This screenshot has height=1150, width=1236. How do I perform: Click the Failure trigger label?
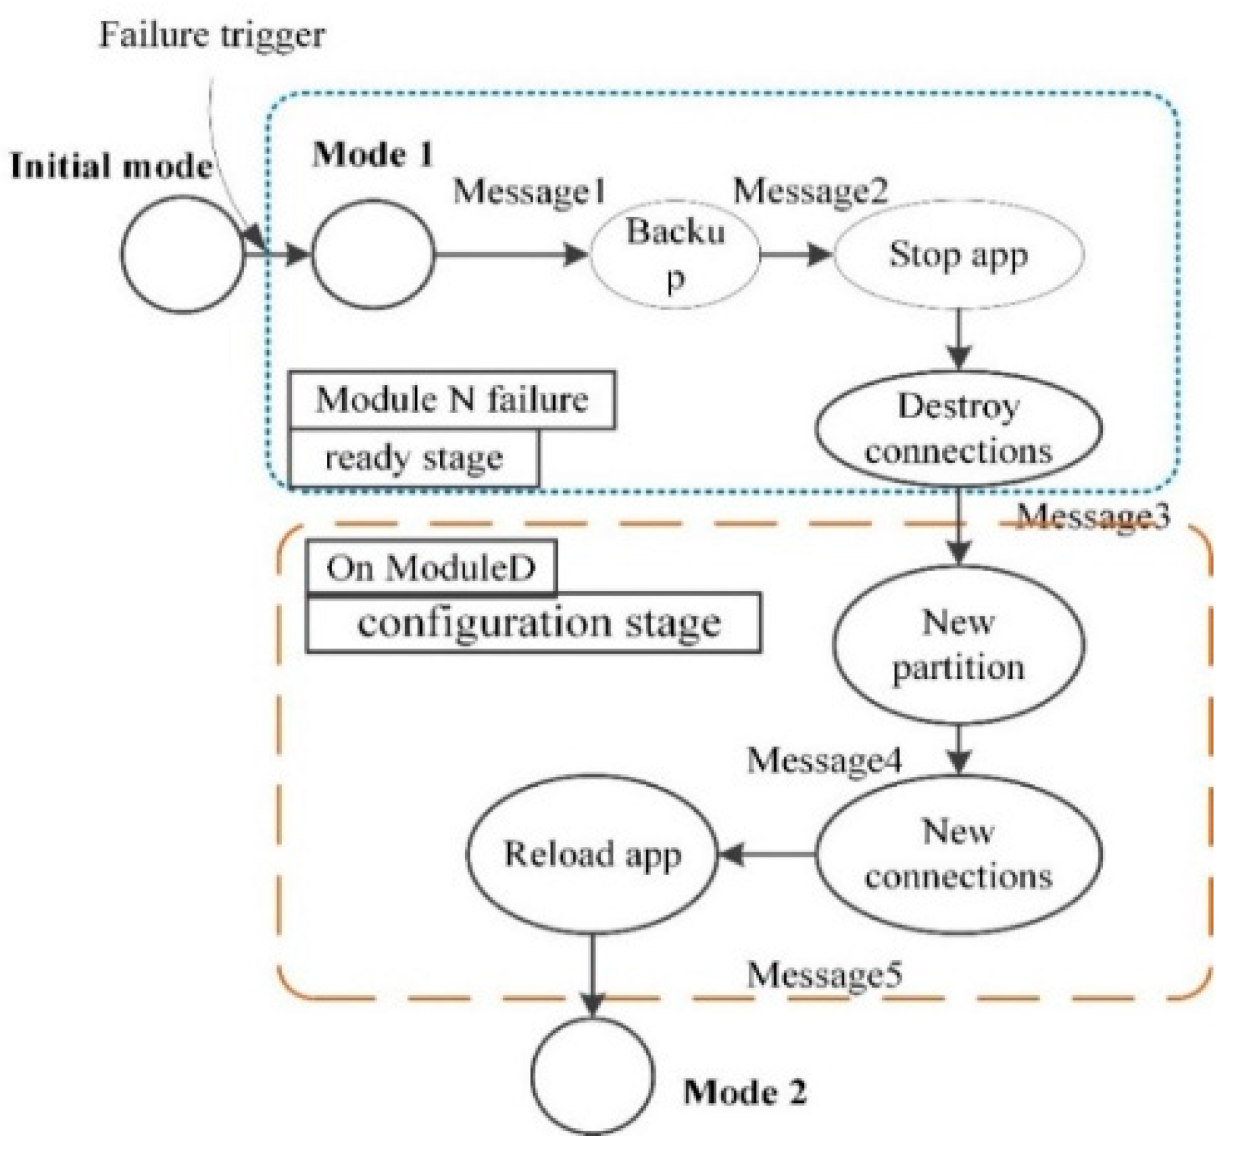212,34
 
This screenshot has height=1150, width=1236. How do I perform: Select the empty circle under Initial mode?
183,254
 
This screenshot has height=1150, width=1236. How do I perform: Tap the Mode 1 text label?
373,155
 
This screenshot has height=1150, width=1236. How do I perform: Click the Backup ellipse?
675,254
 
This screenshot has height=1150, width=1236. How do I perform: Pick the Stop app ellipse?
958,254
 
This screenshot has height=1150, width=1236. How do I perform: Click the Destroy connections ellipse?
958,428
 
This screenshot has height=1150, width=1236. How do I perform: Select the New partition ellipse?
958,644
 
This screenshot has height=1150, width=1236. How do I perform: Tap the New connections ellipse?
958,854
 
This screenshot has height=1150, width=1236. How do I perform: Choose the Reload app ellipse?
592,854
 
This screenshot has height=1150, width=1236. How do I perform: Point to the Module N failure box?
452,400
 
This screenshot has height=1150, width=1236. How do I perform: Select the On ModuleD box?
431,567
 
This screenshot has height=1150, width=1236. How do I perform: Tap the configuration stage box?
533,623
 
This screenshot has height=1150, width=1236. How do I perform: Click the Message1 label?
529,192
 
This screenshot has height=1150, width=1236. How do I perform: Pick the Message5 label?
824,975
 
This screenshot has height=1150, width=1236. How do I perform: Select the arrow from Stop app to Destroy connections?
959,339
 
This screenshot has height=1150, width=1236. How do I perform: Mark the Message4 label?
824,760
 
